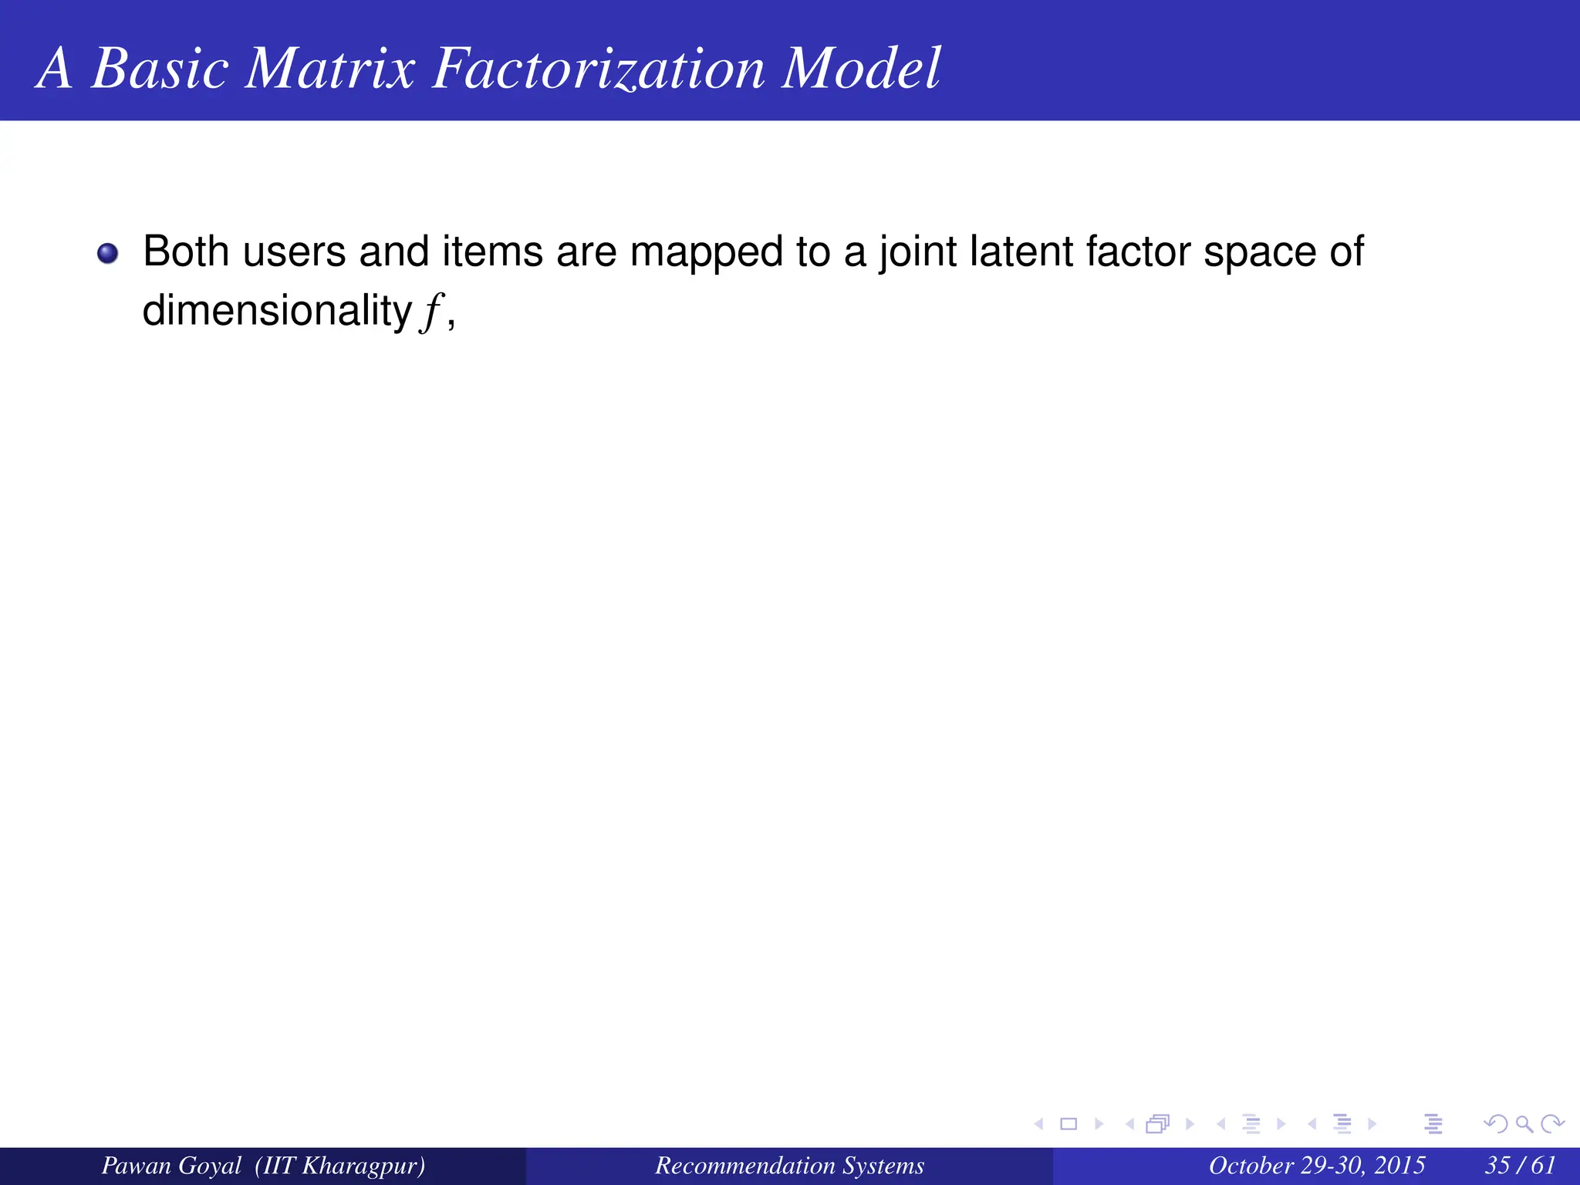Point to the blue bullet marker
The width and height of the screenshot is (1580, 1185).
pos(108,253)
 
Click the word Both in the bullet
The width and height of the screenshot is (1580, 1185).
pos(186,252)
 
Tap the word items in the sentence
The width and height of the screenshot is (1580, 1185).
pos(492,252)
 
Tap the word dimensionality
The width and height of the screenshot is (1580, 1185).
pos(277,311)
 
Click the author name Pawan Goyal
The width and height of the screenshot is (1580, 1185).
pos(171,1165)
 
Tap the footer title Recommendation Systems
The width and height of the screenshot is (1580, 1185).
pos(789,1165)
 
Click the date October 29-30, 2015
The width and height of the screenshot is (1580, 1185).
pos(1316,1165)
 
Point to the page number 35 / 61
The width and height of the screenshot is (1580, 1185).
pos(1520,1165)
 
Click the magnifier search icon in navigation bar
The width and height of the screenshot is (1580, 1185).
pos(1524,1124)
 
